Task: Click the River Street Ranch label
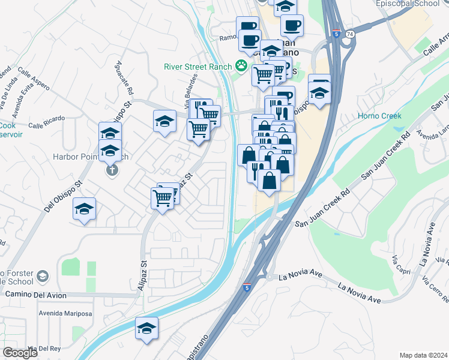click(198, 67)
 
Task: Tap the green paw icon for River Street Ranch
click(241, 65)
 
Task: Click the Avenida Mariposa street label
click(65, 314)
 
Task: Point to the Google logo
click(20, 353)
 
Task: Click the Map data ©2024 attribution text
click(423, 355)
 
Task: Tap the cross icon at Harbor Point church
click(111, 171)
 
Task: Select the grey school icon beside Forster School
click(43, 276)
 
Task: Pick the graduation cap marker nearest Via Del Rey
click(146, 328)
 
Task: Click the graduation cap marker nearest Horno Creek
click(319, 92)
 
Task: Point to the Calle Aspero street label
click(32, 79)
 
